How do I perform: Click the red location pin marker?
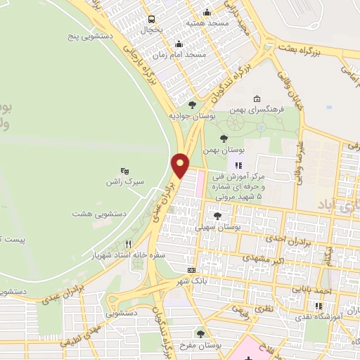(181, 165)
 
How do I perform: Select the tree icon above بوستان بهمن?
(224, 139)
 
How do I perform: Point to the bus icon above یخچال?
(150, 18)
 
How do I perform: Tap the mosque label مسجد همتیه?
(207, 22)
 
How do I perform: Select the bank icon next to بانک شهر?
(191, 270)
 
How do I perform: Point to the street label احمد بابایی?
(332, 290)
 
